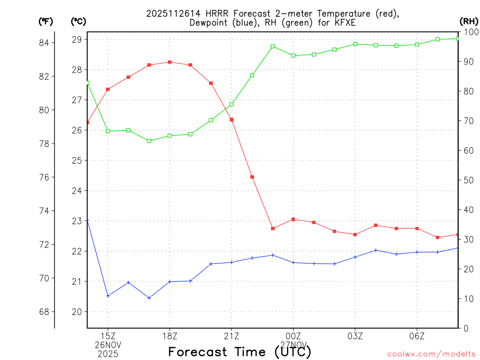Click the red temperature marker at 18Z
[170, 62]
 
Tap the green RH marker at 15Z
[108, 131]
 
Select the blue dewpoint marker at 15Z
[108, 296]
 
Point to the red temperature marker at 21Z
[232, 120]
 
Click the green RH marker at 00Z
[293, 55]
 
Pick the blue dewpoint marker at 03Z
[355, 257]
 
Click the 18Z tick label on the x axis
[170, 336]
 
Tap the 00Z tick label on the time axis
[293, 336]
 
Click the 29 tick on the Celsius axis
[77, 39]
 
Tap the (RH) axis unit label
[469, 21]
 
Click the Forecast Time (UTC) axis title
[240, 352]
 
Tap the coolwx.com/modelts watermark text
[431, 354]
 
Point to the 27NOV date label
[293, 345]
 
